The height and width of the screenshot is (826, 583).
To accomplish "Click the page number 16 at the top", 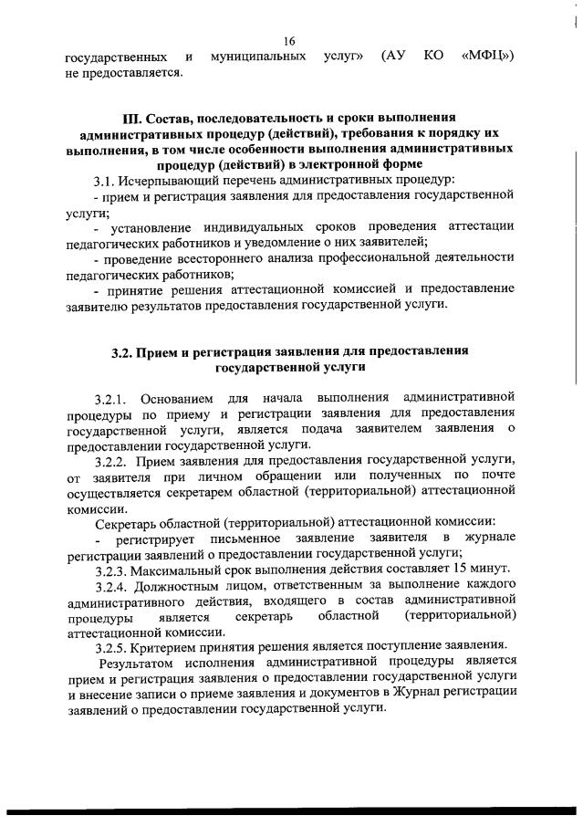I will coord(290,41).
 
